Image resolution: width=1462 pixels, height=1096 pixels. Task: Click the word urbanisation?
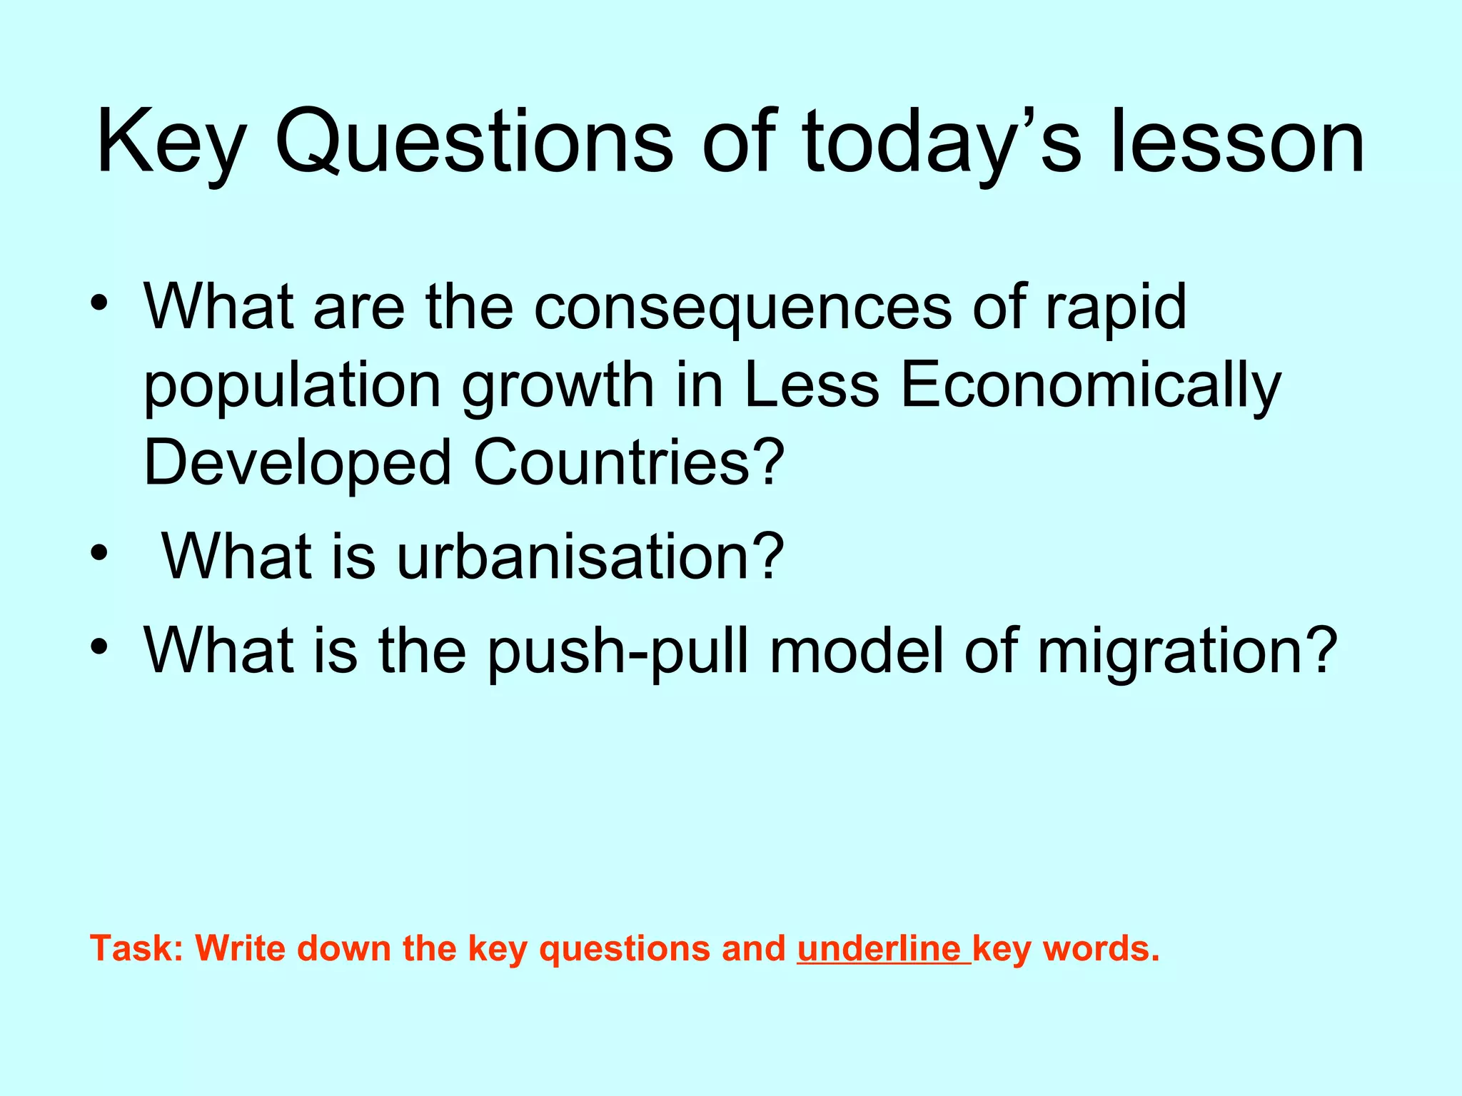[x=590, y=556]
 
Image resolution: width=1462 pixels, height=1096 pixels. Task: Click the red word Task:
[x=137, y=949]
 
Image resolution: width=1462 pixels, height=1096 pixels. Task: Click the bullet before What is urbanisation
[x=99, y=553]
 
